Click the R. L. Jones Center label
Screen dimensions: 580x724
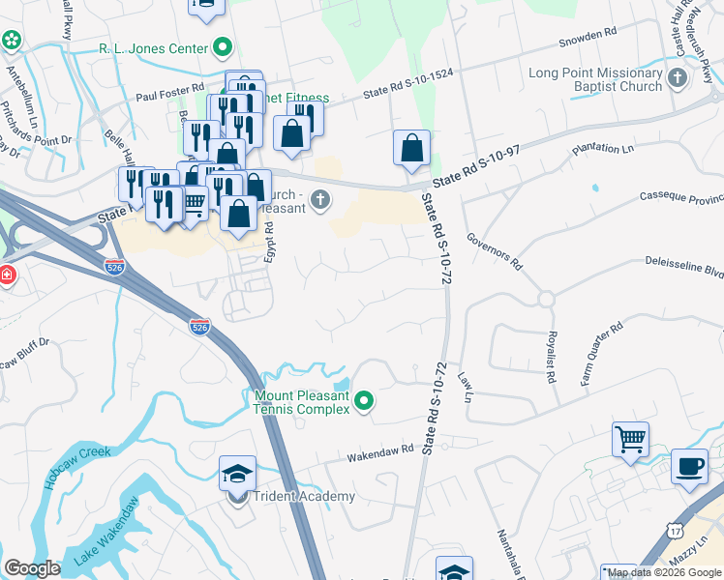point(153,48)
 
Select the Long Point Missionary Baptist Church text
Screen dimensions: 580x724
point(596,79)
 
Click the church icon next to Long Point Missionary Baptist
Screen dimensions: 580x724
point(678,76)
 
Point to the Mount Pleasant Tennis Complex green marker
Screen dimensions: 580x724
point(364,400)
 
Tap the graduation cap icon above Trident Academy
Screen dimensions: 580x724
point(237,474)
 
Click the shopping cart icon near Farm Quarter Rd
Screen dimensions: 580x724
point(630,439)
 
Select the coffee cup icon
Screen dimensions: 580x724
point(689,465)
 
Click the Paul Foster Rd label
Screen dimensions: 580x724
point(169,97)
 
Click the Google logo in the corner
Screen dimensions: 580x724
point(32,567)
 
